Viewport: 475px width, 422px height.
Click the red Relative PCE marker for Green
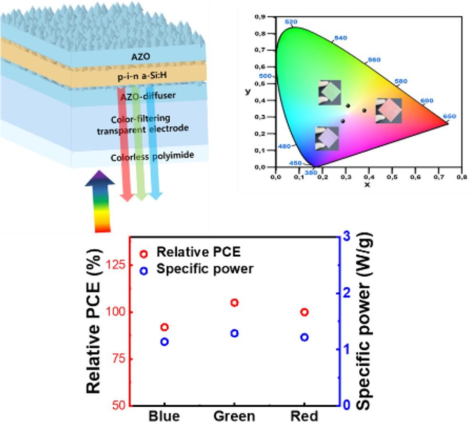click(234, 302)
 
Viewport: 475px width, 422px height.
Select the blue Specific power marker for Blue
click(165, 342)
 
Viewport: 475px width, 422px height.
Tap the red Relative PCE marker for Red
click(304, 312)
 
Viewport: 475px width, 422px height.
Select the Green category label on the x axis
click(234, 415)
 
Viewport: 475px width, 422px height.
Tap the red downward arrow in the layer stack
click(127, 143)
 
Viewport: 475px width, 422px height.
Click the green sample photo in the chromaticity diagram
click(330, 92)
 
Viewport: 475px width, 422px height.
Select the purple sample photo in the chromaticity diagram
click(327, 138)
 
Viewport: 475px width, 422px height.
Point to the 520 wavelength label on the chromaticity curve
click(291, 22)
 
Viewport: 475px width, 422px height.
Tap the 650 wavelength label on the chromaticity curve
click(449, 116)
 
